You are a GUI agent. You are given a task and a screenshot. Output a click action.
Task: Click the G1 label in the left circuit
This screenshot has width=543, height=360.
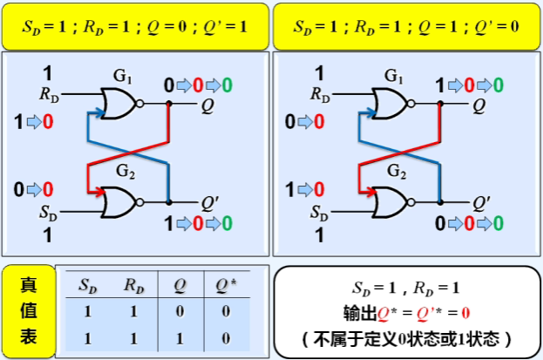point(122,78)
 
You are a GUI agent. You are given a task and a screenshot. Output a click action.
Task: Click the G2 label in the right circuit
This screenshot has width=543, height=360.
point(397,170)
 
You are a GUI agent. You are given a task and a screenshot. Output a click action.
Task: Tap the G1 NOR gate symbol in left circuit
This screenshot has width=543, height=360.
point(116,105)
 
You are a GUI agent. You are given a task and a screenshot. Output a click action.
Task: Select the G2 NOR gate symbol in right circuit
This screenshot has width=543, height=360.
point(387,202)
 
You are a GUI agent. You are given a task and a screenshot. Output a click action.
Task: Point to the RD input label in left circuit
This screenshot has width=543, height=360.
point(49,91)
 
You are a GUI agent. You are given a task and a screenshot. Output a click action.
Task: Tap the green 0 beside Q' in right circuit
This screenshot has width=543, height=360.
point(498,223)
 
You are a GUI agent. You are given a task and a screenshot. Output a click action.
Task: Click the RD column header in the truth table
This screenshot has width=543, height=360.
point(133,285)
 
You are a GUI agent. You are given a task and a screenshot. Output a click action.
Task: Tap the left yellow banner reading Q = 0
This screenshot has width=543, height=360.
point(135,25)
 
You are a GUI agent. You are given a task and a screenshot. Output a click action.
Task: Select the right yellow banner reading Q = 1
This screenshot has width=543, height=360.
point(406,25)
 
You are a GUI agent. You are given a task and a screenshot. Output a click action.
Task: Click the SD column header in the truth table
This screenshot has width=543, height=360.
point(88,285)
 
